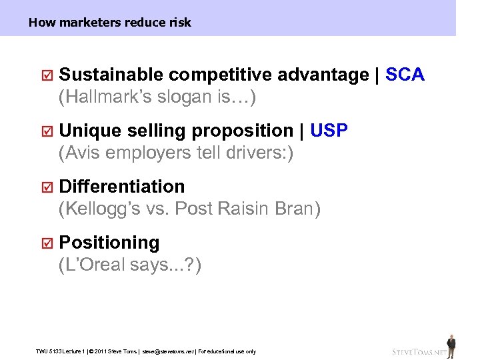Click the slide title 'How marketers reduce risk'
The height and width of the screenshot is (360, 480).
110,23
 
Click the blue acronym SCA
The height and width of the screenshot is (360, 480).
405,75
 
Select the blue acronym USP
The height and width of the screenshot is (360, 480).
329,131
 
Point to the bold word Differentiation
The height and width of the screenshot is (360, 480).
122,187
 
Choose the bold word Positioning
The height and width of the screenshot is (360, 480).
109,243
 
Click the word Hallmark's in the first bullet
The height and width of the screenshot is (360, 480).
107,97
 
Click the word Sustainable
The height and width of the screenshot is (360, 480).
111,75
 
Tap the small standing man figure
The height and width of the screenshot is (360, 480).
451,343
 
